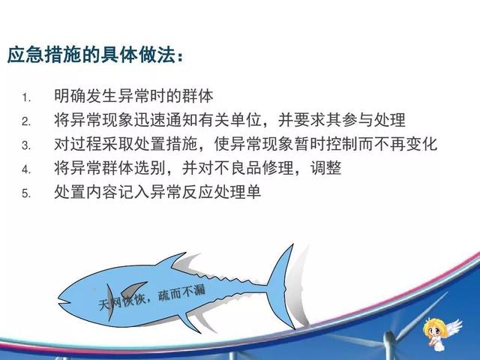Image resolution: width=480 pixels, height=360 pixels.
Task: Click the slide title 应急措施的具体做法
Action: (91, 55)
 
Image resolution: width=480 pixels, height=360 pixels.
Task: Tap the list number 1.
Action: (26, 98)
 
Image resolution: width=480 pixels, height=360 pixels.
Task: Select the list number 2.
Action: (26, 121)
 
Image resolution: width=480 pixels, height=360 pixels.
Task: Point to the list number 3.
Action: (26, 145)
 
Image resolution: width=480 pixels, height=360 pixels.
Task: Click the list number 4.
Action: (26, 169)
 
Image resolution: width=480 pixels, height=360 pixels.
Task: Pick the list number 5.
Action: (26, 193)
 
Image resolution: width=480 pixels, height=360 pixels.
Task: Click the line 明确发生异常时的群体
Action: (133, 96)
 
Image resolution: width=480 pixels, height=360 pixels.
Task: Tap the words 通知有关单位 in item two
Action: (214, 120)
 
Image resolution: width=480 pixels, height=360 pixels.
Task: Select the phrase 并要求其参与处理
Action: (342, 120)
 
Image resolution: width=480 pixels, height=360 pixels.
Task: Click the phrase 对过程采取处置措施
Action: (125, 144)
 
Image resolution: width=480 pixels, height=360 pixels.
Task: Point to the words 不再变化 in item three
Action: (405, 144)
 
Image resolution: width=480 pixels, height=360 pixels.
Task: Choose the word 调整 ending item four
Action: (326, 168)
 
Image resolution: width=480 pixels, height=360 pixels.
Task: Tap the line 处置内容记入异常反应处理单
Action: (157, 192)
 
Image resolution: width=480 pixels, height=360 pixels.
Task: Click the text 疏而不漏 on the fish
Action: (181, 293)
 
